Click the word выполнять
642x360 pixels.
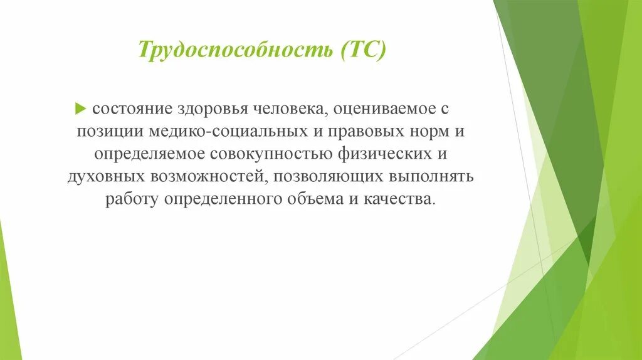(434, 177)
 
